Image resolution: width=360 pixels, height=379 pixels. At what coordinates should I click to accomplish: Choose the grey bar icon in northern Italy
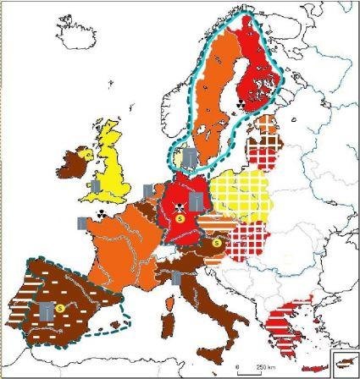176,277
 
